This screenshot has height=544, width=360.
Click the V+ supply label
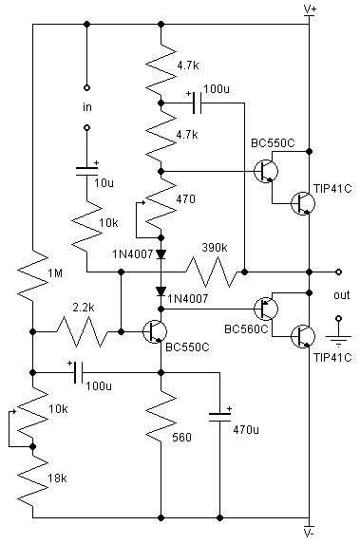310,9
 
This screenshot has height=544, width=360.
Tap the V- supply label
309,535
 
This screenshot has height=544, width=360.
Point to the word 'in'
87,107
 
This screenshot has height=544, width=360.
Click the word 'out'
342,295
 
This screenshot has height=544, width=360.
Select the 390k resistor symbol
212,272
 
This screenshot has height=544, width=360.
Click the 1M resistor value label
55,273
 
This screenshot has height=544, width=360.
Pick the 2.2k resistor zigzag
83,332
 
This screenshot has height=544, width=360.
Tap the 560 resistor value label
182,438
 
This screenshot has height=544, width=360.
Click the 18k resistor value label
58,478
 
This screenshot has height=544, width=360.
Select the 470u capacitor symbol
219,417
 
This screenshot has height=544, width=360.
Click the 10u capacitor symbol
87,171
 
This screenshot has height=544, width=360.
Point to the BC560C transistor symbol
266,309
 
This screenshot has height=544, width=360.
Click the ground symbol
339,340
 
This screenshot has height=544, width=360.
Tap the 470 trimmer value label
186,199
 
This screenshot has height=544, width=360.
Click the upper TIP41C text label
332,189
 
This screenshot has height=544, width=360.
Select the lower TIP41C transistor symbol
303,336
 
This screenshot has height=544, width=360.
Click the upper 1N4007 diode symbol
161,254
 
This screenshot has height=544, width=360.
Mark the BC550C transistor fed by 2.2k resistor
155,332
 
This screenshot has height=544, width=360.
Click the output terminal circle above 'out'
339,272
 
